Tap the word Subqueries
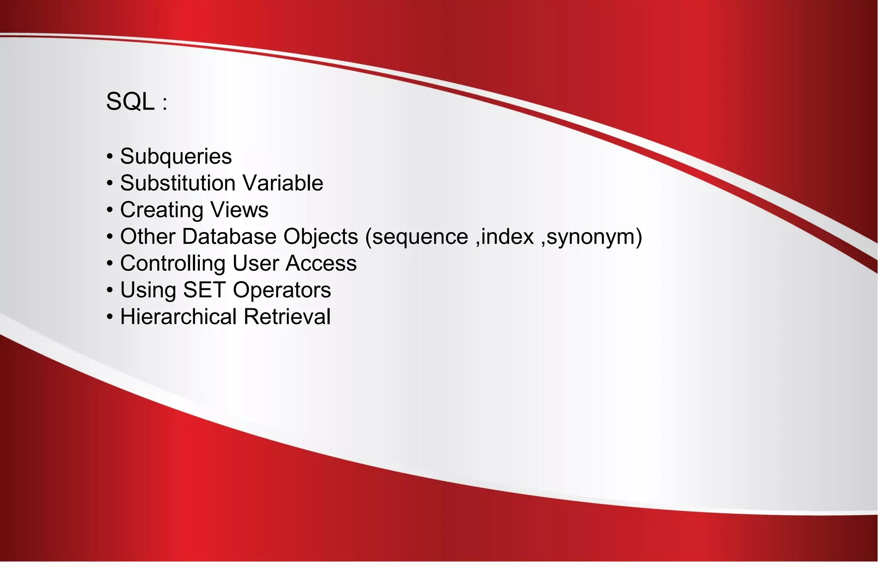coord(176,156)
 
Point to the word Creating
coord(162,210)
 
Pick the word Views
coord(239,210)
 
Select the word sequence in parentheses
coord(420,237)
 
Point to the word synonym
coord(592,237)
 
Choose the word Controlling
coord(173,263)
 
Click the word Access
coord(321,263)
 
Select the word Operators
coord(282,290)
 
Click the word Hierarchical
coord(178,317)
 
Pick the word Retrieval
coord(287,317)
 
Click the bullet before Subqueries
coord(110,157)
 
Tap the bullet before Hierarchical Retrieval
coord(110,317)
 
